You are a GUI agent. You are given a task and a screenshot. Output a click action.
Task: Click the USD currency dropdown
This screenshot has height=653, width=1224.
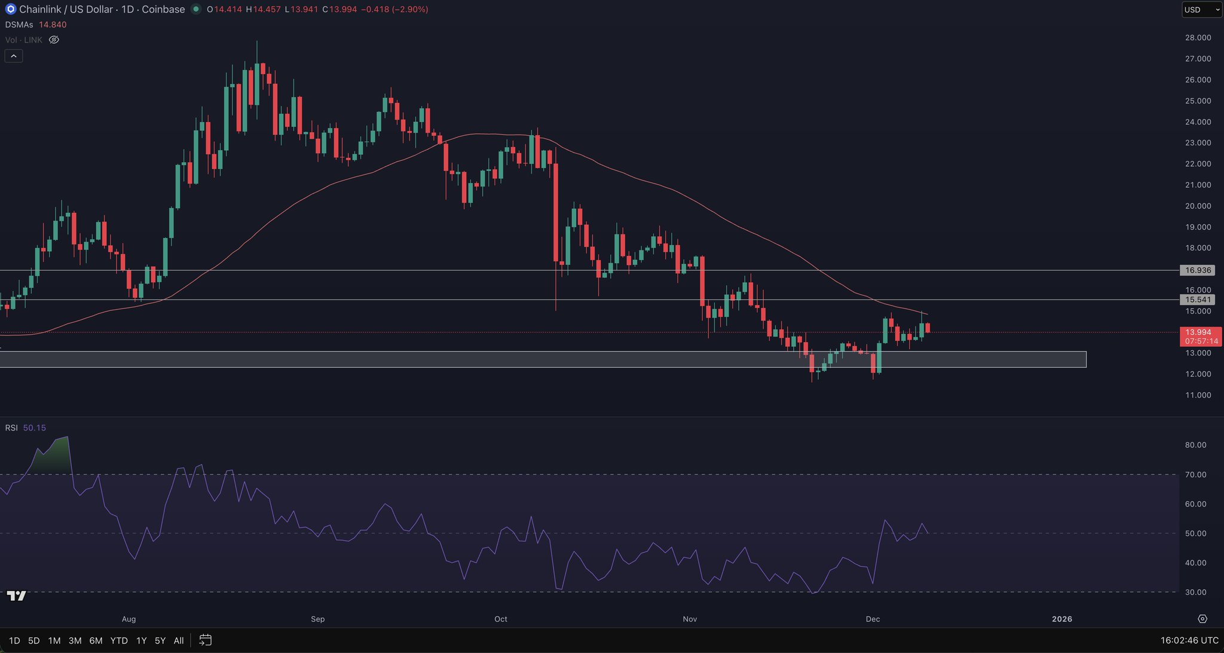(1201, 10)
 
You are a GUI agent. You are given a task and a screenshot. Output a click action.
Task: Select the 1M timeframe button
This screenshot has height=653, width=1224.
(54, 640)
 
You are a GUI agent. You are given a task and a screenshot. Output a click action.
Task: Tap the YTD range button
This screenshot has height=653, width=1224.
(119, 640)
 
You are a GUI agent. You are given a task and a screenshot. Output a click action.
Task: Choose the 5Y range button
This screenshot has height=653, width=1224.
(160, 640)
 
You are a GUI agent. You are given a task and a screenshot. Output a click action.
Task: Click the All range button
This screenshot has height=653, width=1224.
(179, 640)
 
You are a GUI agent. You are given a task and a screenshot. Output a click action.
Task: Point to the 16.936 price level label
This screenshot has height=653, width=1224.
(1198, 270)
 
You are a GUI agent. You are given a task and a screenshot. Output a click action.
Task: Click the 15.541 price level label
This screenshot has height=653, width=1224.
(1198, 300)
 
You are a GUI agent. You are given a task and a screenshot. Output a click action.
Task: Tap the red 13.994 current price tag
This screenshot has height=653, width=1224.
(1201, 332)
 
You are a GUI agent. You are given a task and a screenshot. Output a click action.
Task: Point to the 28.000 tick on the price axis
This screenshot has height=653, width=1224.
(1198, 38)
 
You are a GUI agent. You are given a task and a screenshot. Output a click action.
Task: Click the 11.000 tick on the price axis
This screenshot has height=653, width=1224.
(1198, 395)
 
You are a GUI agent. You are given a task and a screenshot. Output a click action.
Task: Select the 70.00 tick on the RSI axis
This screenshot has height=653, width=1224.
(1195, 475)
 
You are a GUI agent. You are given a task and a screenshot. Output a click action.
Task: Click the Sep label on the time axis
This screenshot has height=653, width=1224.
(318, 619)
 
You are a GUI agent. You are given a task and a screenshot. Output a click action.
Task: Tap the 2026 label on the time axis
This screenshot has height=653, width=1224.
(1062, 619)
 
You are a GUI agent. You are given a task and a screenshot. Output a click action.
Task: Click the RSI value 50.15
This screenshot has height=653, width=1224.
(35, 428)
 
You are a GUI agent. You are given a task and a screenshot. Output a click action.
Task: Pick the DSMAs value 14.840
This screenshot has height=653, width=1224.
(53, 25)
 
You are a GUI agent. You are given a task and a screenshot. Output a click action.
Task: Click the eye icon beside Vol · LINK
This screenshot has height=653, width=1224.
(54, 40)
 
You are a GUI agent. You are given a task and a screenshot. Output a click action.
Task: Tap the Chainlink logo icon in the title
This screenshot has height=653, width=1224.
(10, 10)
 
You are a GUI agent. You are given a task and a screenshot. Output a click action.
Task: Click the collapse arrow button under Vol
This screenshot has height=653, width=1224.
(14, 56)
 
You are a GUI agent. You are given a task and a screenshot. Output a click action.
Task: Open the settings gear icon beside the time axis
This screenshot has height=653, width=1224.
(1202, 619)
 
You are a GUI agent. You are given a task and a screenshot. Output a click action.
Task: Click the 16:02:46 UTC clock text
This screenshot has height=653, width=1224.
(1189, 640)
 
